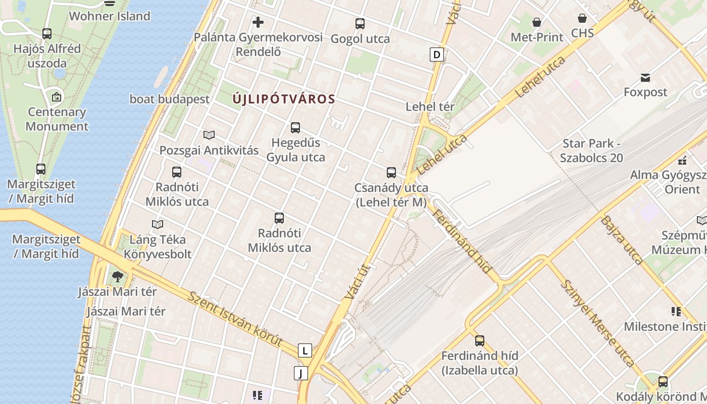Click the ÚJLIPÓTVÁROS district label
[284, 99]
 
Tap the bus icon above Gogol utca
[360, 23]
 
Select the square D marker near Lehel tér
[437, 55]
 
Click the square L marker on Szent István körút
[305, 350]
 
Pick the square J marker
[301, 374]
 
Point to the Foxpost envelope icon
[645, 78]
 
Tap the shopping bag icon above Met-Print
[537, 22]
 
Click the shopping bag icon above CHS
[582, 18]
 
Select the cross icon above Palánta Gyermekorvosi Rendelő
[258, 22]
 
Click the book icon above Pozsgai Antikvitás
[209, 135]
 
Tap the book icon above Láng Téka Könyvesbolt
[158, 224]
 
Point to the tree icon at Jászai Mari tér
[118, 276]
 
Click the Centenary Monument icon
[57, 96]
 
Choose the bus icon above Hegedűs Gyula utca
[295, 128]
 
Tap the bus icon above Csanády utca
[391, 173]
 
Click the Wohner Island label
[110, 16]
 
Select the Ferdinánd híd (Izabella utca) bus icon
[480, 340]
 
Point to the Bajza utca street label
[622, 240]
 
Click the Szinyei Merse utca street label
[597, 323]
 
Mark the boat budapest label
[170, 99]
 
